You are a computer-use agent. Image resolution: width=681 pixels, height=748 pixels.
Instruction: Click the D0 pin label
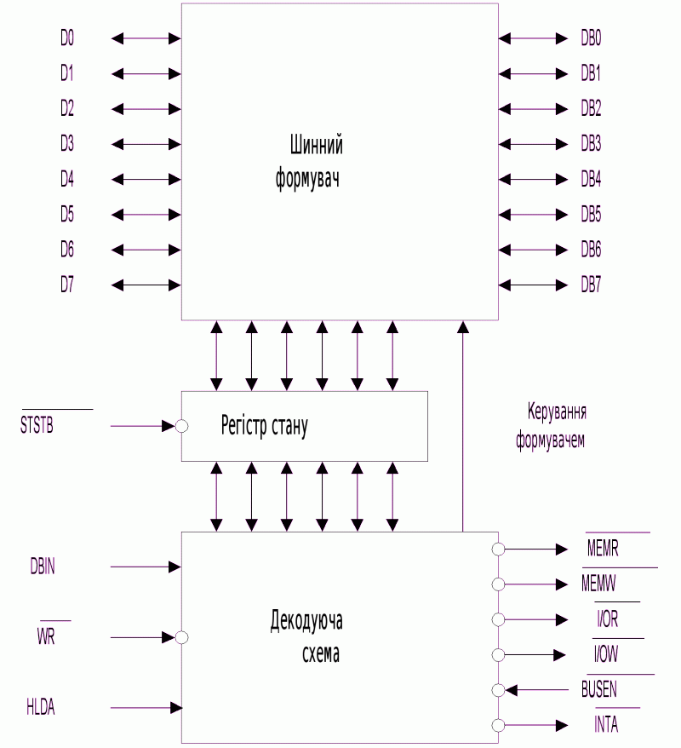(x=67, y=37)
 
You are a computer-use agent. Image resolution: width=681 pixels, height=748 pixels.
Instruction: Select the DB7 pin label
(x=591, y=285)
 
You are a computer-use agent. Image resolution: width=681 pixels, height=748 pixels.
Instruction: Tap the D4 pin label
(x=67, y=179)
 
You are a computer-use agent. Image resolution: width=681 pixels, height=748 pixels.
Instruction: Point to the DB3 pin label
(x=591, y=144)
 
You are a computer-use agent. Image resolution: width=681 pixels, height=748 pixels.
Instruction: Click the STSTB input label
(x=37, y=425)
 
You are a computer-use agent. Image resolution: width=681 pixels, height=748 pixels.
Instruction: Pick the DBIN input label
(x=43, y=567)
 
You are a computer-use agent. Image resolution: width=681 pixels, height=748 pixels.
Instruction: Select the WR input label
(x=46, y=636)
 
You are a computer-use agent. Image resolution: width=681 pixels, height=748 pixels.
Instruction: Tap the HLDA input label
(x=41, y=707)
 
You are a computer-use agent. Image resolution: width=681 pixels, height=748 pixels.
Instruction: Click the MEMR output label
(x=603, y=549)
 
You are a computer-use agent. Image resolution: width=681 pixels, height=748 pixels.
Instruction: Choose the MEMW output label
(x=598, y=584)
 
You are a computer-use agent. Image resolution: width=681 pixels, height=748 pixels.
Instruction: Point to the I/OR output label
(x=608, y=619)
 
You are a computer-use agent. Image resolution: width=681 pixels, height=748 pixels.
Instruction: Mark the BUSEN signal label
(x=599, y=689)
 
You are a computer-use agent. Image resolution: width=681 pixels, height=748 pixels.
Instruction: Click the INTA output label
(x=606, y=725)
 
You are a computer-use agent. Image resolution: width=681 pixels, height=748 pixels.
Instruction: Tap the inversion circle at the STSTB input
(x=181, y=426)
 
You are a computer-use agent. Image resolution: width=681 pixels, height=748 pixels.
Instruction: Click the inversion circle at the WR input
(x=181, y=637)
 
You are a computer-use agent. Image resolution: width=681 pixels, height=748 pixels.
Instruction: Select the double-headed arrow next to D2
(x=146, y=109)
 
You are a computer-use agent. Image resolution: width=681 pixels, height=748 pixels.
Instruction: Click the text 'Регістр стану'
(x=265, y=425)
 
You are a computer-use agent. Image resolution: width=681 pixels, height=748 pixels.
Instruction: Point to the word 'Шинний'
(x=317, y=145)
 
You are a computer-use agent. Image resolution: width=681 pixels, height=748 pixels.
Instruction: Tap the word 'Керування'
(x=557, y=412)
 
